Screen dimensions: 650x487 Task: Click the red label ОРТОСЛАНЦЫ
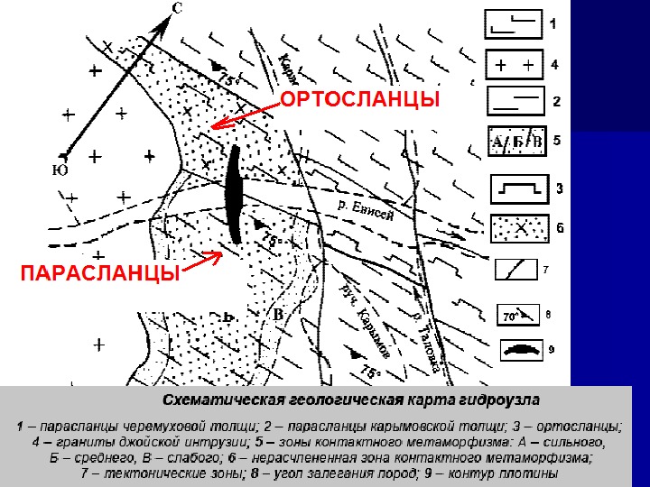tap(359, 99)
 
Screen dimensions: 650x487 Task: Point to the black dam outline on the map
tap(235, 194)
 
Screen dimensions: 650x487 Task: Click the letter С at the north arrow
tap(178, 10)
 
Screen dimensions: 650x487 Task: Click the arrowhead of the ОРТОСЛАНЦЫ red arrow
tap(215, 127)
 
